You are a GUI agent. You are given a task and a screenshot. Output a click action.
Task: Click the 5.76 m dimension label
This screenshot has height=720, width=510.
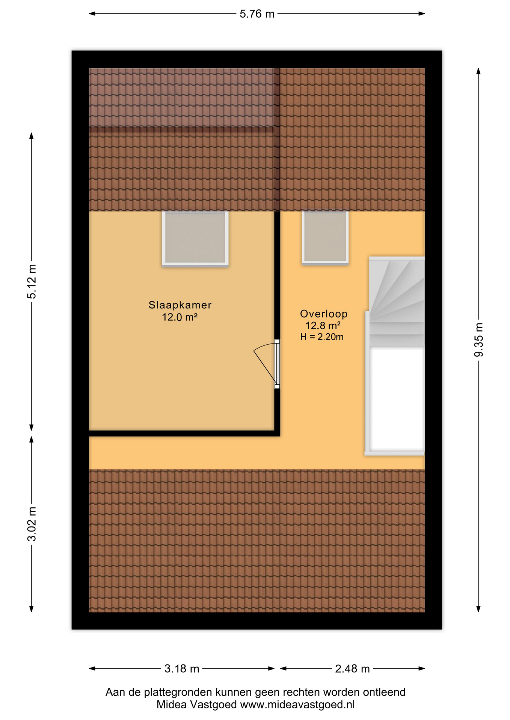(x=257, y=14)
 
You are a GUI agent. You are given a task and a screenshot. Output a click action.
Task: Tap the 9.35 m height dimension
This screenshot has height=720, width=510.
(x=478, y=340)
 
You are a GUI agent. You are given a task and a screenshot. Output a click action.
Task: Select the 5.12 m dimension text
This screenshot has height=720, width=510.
(x=32, y=281)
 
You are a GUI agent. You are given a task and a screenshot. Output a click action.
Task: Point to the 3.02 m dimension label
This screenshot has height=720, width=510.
(x=32, y=523)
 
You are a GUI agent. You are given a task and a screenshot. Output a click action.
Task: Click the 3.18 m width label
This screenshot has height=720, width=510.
(x=182, y=669)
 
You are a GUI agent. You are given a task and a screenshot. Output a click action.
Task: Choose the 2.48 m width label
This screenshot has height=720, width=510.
(x=352, y=669)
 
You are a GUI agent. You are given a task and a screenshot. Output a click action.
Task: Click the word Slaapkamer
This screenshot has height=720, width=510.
(x=180, y=305)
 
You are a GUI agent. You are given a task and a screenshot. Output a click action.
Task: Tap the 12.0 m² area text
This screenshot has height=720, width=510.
(x=180, y=317)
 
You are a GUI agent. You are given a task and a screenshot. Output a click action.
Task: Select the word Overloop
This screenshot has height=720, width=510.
(x=324, y=313)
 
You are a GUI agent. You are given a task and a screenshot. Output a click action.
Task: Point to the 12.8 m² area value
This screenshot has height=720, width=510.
(x=323, y=325)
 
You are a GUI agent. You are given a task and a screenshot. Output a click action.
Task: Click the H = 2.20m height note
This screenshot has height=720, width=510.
(x=322, y=337)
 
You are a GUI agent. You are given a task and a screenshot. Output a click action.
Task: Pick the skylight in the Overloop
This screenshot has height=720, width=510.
(x=325, y=238)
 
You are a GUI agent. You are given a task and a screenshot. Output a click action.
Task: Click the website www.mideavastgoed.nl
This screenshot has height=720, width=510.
(x=297, y=705)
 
